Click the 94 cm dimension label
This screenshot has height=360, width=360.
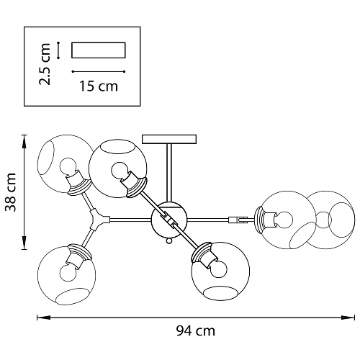(x=196, y=331)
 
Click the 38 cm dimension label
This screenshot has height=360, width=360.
(x=11, y=192)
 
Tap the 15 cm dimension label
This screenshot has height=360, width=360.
(x=99, y=86)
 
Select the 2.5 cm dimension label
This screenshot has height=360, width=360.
(x=45, y=64)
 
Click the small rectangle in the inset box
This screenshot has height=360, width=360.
(x=99, y=50)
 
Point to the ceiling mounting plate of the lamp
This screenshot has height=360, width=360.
(x=169, y=139)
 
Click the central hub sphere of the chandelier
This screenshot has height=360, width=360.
(x=169, y=219)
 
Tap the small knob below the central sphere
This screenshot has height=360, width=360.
(x=169, y=240)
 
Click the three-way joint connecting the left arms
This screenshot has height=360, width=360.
(x=99, y=220)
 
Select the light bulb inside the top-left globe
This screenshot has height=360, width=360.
(x=68, y=167)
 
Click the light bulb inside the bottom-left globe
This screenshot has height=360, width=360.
(x=68, y=272)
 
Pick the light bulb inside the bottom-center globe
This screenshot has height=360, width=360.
(x=218, y=269)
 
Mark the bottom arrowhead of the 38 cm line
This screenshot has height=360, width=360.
(x=24, y=243)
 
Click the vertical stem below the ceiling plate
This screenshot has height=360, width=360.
(x=169, y=173)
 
